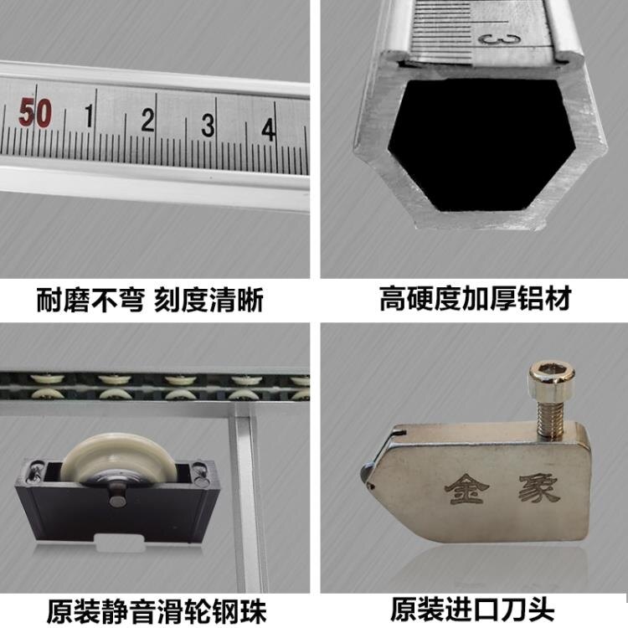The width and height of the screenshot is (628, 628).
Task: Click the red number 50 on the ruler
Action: tap(35, 113)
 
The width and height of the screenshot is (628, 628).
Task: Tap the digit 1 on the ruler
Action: tap(89, 118)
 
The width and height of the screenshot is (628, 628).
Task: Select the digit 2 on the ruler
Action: tap(148, 121)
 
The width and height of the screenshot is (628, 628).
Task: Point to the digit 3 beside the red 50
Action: tap(208, 126)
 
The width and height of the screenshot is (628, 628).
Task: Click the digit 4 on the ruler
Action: tap(268, 129)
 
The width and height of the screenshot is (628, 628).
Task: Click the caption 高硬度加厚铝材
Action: tap(474, 300)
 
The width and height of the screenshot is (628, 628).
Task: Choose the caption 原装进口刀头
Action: tap(474, 605)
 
